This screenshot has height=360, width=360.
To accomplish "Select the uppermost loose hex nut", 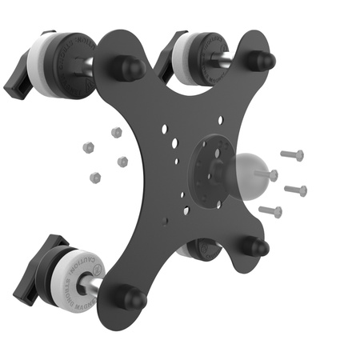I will (x=117, y=132).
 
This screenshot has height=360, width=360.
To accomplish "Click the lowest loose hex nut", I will (x=96, y=177).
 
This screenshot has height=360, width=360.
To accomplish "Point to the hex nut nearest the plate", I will (x=122, y=162).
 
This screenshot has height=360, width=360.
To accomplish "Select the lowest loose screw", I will (x=271, y=211).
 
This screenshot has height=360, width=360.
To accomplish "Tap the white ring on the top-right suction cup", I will (x=185, y=58).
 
